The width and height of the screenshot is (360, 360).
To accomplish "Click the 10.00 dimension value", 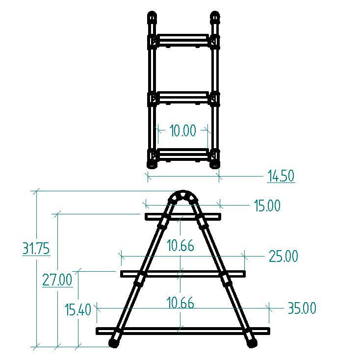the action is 183,130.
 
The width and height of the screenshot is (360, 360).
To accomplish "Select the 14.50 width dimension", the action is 281,176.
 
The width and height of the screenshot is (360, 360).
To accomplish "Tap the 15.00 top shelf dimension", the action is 267,205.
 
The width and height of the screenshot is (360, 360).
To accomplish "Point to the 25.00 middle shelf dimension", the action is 283,256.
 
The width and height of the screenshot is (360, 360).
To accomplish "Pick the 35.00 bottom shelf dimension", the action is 302,308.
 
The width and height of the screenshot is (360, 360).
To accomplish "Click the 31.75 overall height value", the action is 36,248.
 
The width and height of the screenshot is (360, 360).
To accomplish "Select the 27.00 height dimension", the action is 57,280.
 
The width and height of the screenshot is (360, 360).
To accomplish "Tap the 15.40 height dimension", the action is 78,309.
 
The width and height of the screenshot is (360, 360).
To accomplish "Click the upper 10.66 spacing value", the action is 180,245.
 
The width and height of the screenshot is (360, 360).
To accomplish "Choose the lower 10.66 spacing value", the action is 180,303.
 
